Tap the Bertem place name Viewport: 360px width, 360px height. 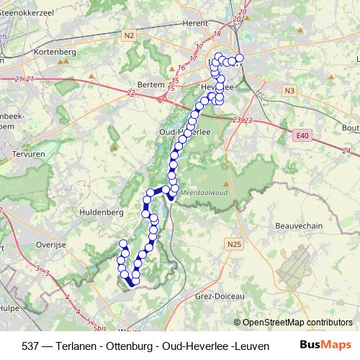tap(150, 84)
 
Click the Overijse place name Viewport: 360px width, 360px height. tap(50, 245)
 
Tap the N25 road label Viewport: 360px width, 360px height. tap(233, 246)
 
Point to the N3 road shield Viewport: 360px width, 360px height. tap(289, 90)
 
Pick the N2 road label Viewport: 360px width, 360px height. tap(129, 35)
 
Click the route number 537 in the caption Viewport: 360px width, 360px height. tap(31, 345)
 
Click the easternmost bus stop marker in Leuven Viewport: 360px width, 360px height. tap(239, 58)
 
